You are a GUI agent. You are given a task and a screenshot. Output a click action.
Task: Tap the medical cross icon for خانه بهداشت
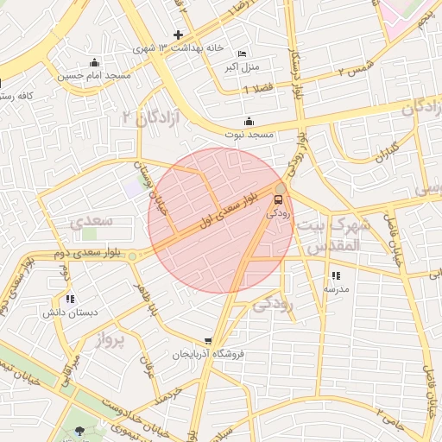(x=178, y=35)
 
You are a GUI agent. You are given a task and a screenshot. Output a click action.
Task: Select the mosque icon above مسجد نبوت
(x=249, y=121)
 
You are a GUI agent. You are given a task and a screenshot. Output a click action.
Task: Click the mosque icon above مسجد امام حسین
(x=94, y=63)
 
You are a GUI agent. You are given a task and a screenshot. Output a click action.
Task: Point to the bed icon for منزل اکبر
(x=241, y=53)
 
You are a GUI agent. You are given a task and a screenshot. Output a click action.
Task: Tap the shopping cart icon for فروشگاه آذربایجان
(x=208, y=341)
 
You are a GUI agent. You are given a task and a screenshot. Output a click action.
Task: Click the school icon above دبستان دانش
(x=70, y=299)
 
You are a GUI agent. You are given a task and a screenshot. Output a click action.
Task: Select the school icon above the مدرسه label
(x=335, y=275)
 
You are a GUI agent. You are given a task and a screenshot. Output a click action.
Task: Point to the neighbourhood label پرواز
(x=110, y=340)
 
